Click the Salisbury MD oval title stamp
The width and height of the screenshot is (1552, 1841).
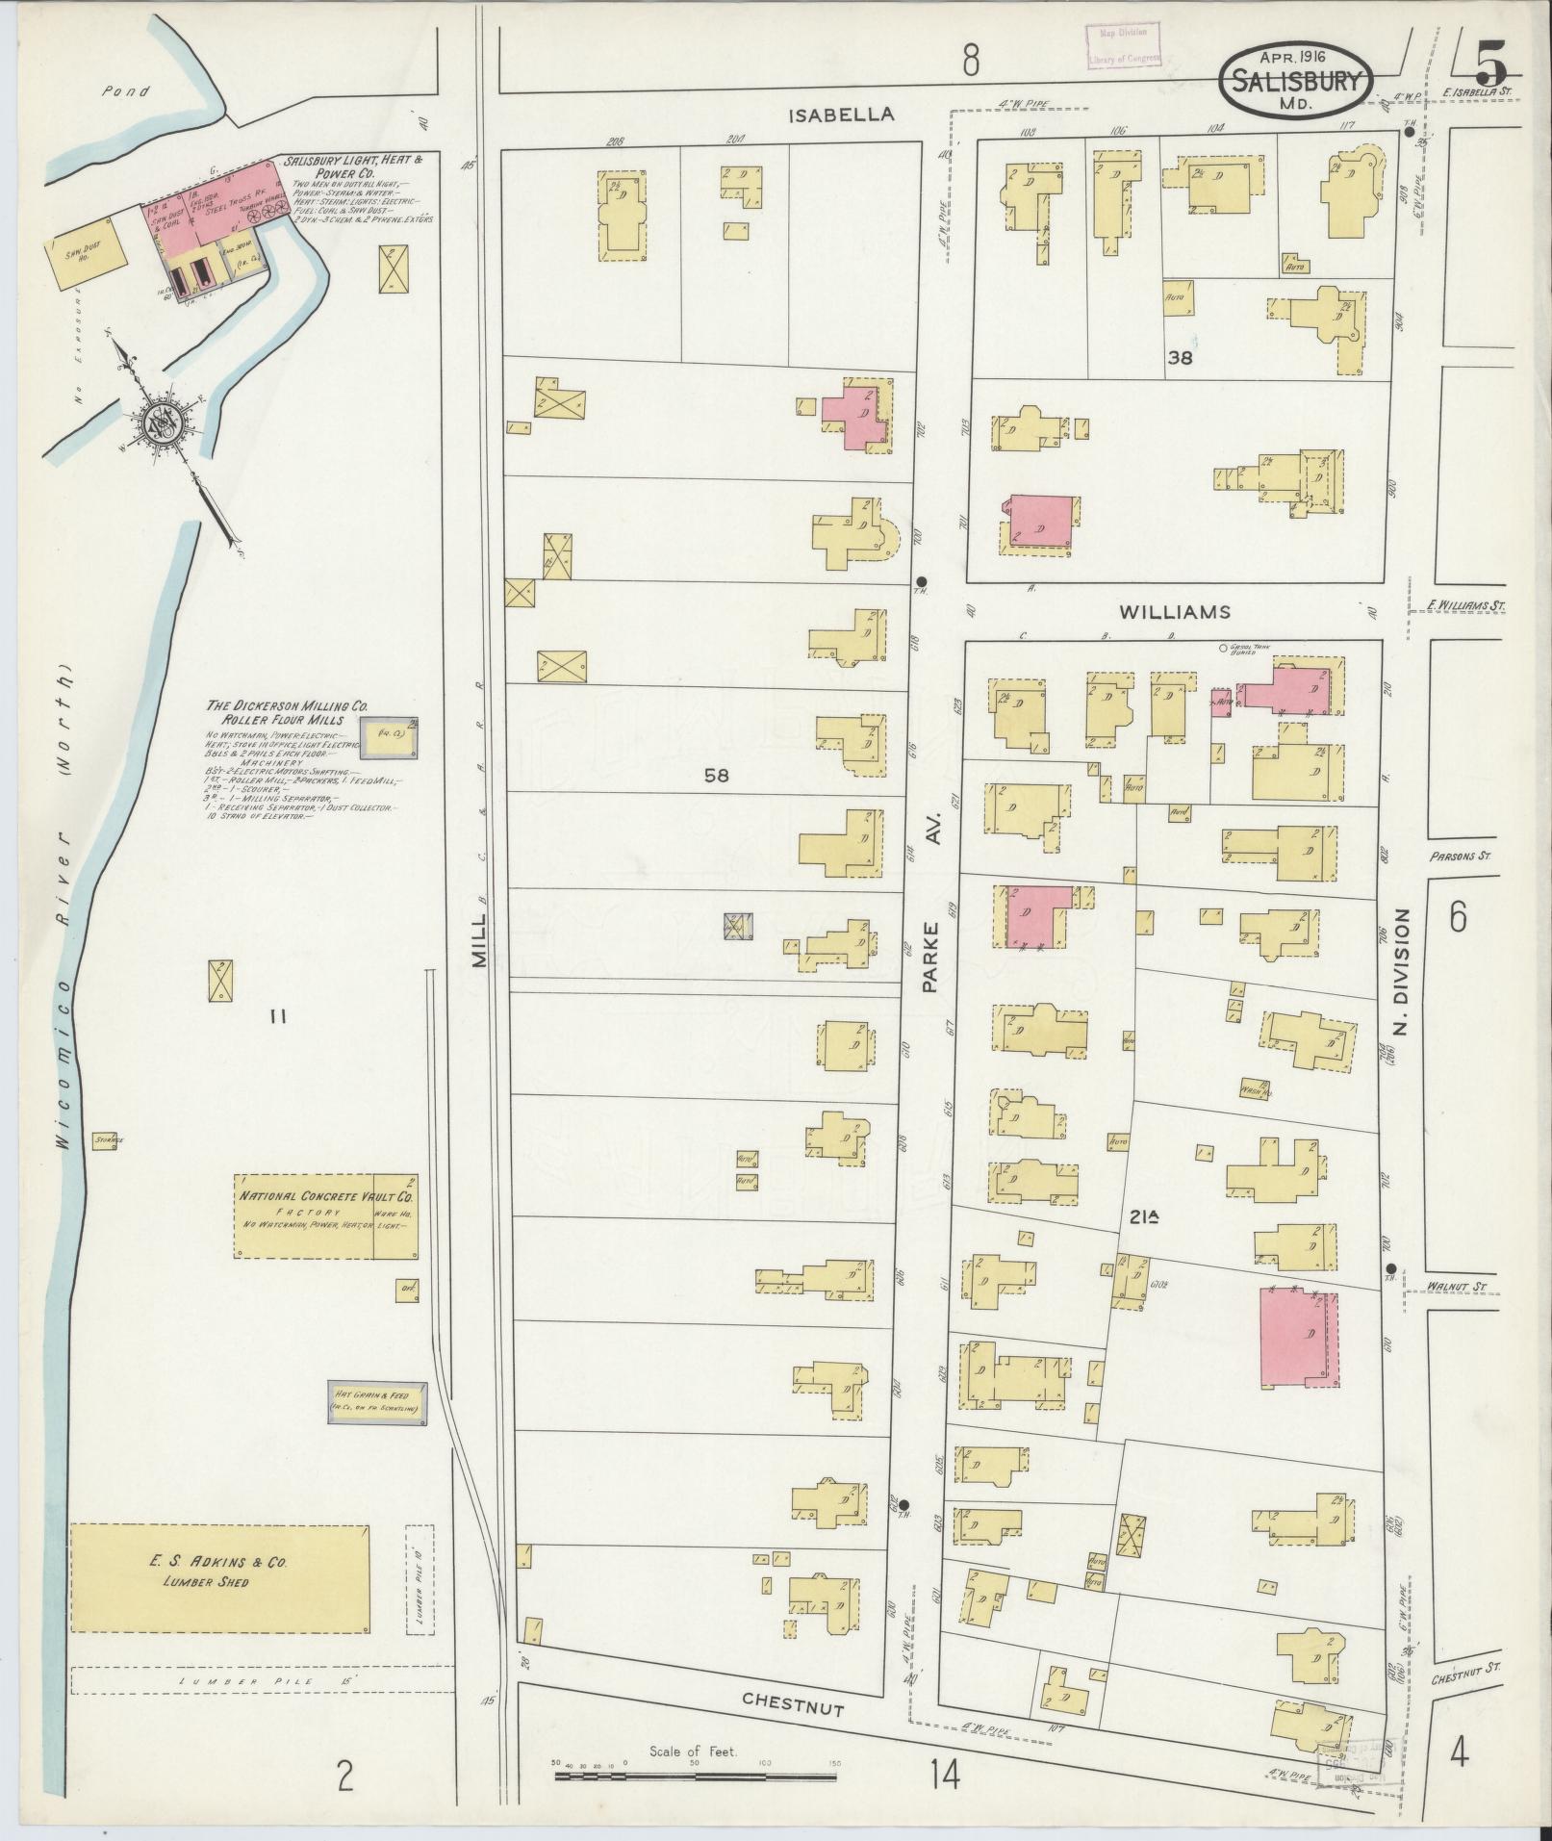1296,81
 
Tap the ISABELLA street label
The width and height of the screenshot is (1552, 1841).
841,115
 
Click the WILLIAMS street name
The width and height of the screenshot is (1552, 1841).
1174,611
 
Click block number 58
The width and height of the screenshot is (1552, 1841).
715,775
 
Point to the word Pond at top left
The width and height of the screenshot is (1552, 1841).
125,92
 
